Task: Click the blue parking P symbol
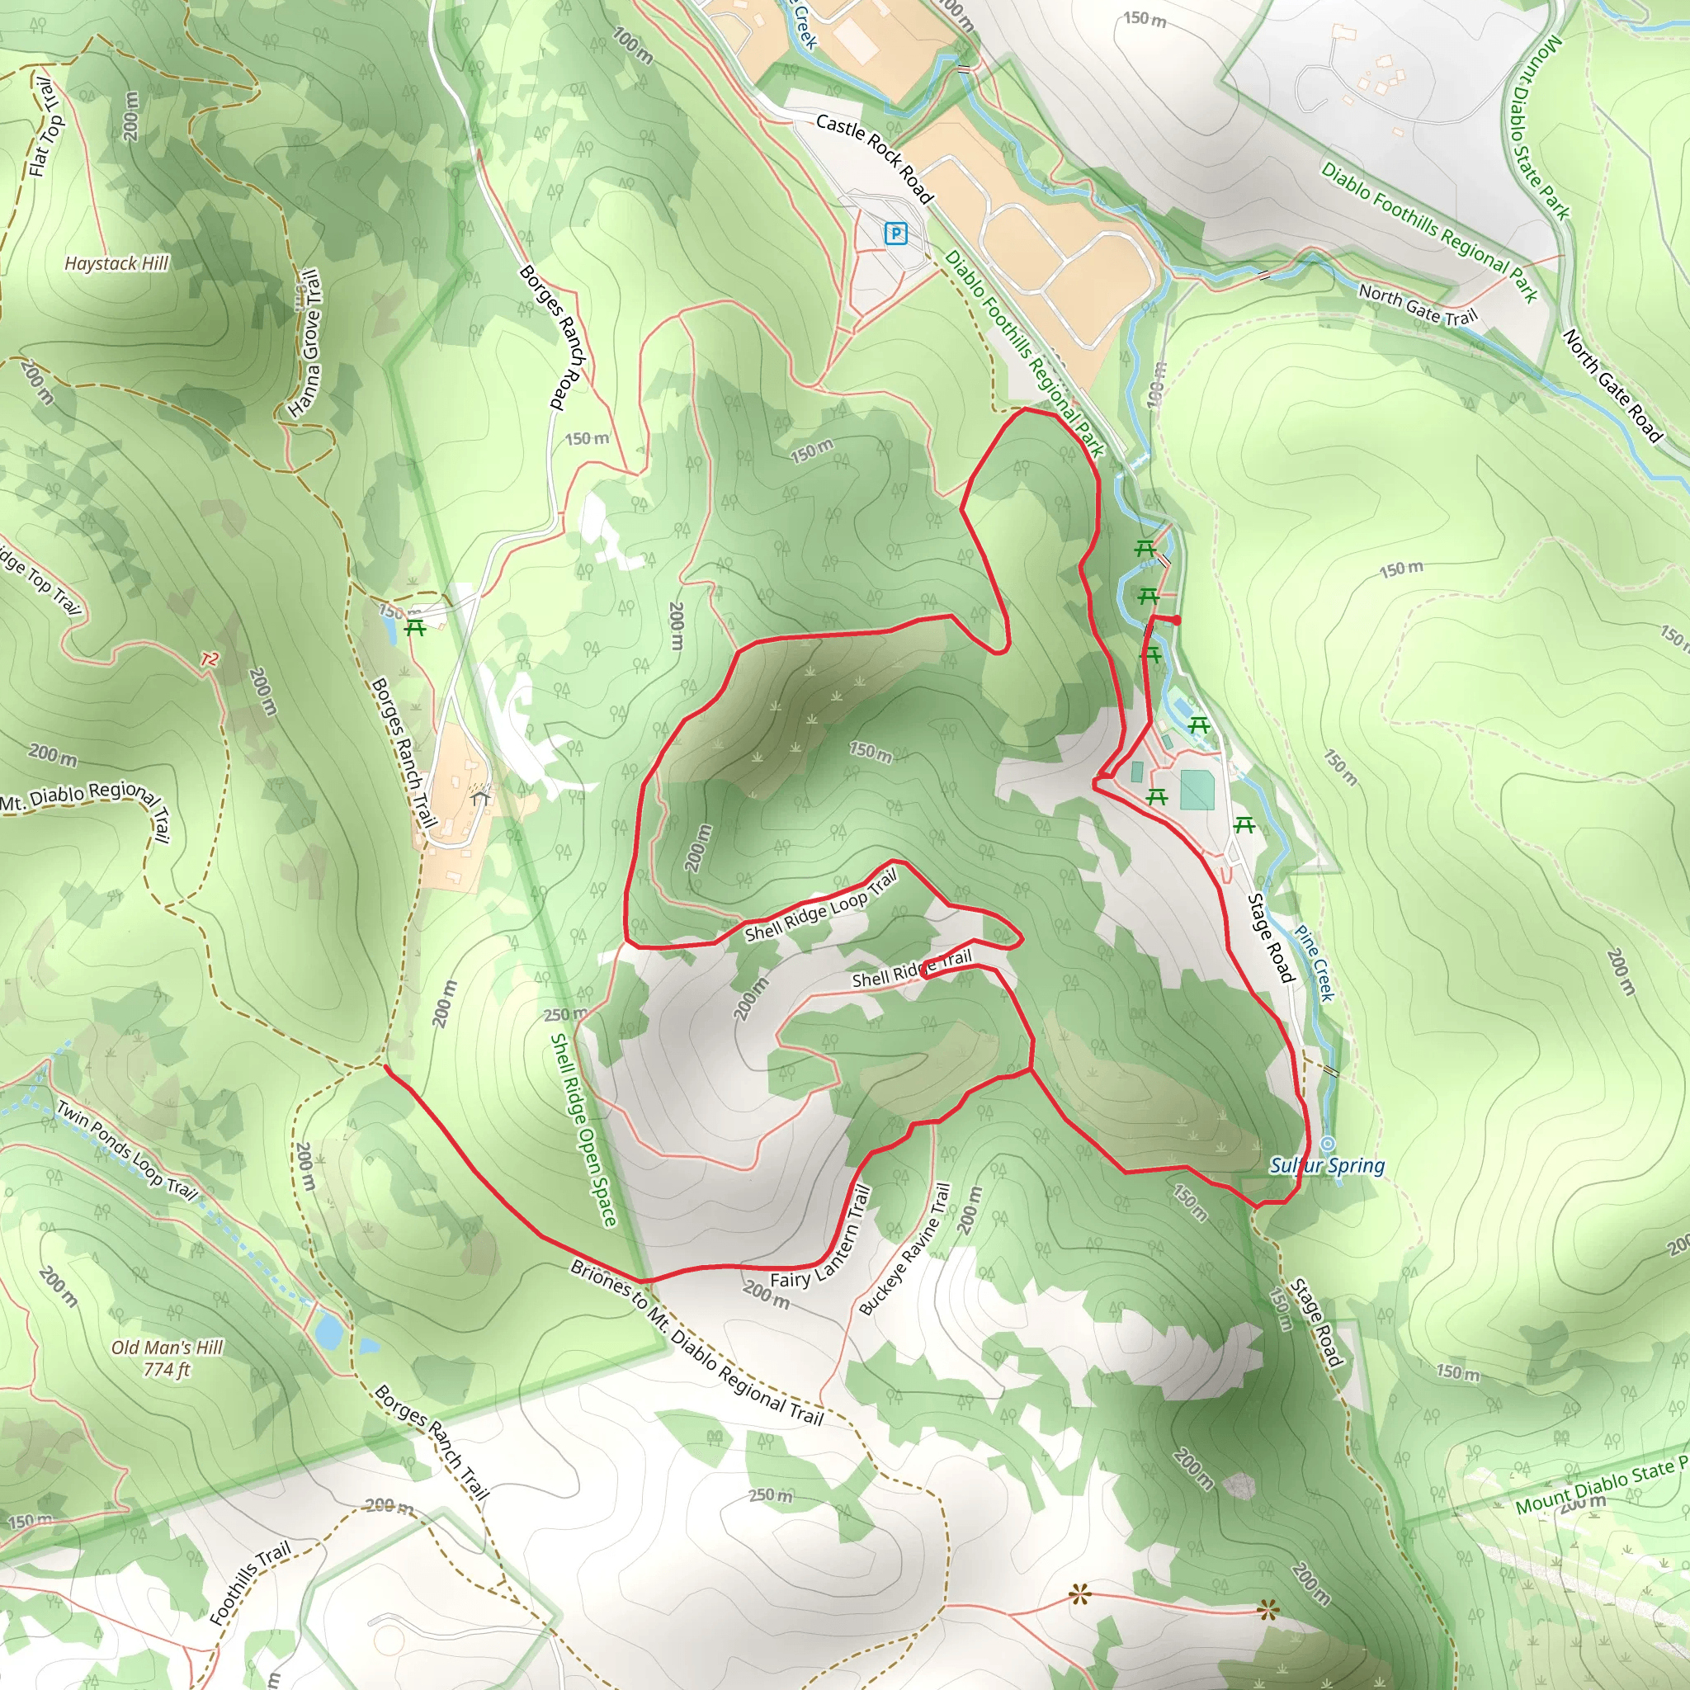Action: pos(895,234)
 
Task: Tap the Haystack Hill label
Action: pos(116,263)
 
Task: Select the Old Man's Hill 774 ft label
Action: pos(167,1358)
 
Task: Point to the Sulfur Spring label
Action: pos(1327,1165)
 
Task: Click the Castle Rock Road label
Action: pos(874,158)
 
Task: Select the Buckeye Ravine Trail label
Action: pos(904,1249)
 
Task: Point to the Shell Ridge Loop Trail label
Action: pos(821,907)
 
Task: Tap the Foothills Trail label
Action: pos(250,1584)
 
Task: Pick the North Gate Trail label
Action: pos(1417,304)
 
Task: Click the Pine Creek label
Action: pos(1314,963)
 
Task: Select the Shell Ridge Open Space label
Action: pos(583,1130)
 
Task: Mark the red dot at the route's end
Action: pos(1177,621)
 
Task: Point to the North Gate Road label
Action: pos(1612,385)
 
